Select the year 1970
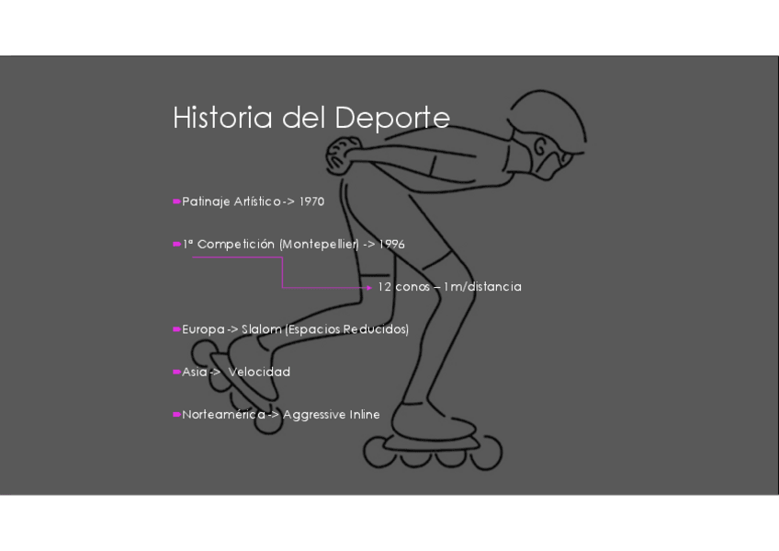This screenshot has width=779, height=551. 311,201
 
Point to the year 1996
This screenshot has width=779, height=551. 392,245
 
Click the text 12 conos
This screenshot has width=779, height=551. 403,287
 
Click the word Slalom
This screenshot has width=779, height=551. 262,329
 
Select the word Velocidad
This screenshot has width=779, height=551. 259,372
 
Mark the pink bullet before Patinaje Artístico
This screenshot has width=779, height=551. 175,201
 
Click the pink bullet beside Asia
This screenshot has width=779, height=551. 175,372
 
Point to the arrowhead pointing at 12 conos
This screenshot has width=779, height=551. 369,288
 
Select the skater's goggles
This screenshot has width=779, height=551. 549,155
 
